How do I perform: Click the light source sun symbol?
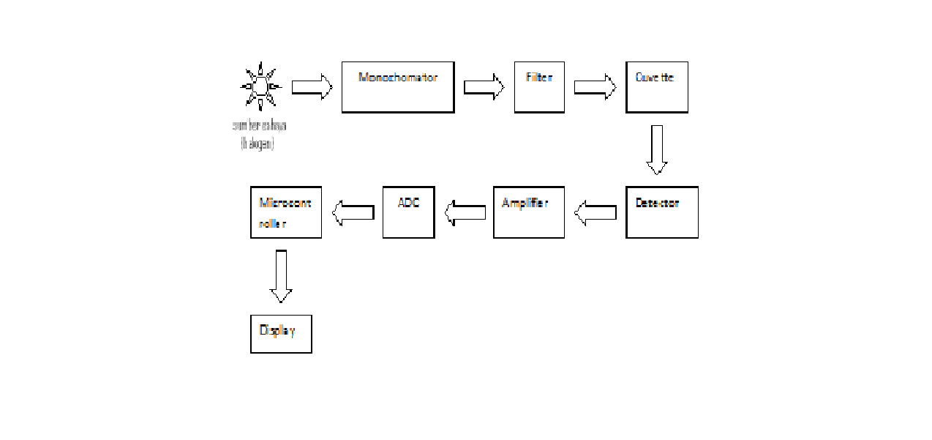coord(260,87)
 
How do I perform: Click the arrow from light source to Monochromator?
coord(312,87)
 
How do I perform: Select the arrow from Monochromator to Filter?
coord(484,87)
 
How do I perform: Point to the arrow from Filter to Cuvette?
coord(595,87)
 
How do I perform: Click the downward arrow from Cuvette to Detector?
coord(656,149)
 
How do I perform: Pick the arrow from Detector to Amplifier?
coord(595,212)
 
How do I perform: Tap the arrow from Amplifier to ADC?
coord(465,212)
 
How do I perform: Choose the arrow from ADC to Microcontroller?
coord(353,212)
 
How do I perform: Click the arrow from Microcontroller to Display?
coord(281,276)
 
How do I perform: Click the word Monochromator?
coord(398,77)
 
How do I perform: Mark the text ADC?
coord(408,203)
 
